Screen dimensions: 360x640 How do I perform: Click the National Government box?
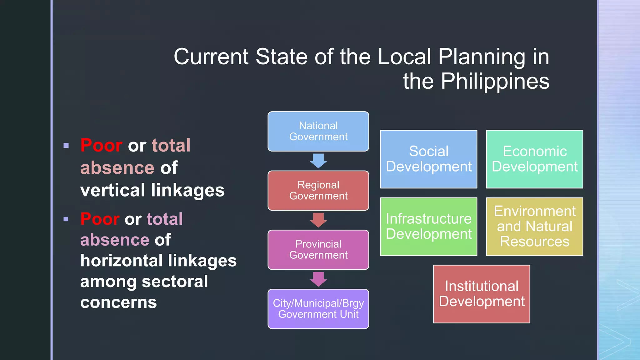coord(318,131)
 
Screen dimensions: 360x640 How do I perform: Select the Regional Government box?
coord(318,190)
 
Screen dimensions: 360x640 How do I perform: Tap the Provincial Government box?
coord(318,249)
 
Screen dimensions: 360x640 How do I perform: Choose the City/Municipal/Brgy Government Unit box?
coord(318,309)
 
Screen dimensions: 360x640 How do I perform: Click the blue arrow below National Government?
coord(318,161)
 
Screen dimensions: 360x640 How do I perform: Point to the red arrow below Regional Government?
coord(318,220)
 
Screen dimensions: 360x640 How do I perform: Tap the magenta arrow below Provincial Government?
coord(318,279)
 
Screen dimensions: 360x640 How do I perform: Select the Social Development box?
coord(428,159)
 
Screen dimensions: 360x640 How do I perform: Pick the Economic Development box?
coord(534,159)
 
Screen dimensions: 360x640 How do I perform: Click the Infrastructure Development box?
coord(428,226)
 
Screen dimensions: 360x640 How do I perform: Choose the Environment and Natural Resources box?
coord(534,226)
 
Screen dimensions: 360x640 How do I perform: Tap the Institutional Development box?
coord(482,294)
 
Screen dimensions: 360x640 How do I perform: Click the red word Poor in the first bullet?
coord(101,145)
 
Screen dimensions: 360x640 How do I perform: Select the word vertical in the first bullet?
coord(112,190)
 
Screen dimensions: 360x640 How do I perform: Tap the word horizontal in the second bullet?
coord(122,261)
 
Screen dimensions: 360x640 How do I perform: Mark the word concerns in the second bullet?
coord(118,302)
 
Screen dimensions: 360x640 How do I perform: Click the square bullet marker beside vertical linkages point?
coord(66,145)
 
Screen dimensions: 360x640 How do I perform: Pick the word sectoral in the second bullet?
coord(175,282)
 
